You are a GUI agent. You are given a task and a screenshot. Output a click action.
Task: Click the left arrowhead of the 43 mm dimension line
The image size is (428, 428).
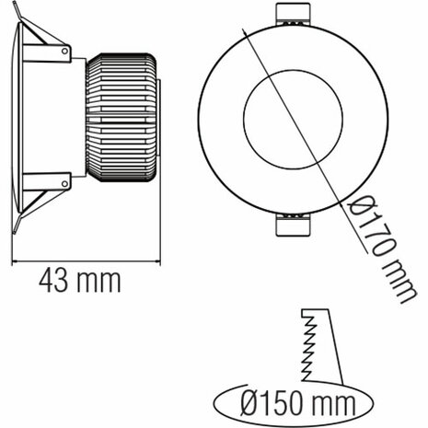tap(16, 261)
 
